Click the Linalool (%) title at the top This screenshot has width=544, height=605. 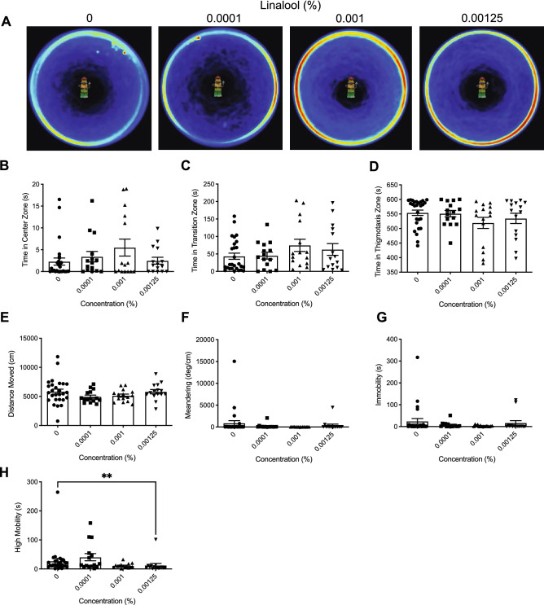pyautogui.click(x=291, y=6)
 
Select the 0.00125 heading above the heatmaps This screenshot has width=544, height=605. pyautogui.click(x=482, y=18)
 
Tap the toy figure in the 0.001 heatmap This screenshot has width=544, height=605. pyautogui.click(x=351, y=88)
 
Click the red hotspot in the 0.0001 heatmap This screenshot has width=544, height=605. pyautogui.click(x=199, y=38)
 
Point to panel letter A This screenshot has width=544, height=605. pyautogui.click(x=7, y=22)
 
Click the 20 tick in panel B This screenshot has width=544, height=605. pyautogui.click(x=36, y=185)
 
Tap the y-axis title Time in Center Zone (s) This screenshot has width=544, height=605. pyautogui.click(x=25, y=229)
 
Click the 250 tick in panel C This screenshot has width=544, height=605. pyautogui.click(x=209, y=185)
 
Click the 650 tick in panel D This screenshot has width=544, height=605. pyautogui.click(x=393, y=185)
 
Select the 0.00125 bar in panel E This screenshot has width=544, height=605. pyautogui.click(x=156, y=409)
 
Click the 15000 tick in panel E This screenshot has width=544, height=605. pyautogui.click(x=29, y=339)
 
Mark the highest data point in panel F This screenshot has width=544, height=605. pyautogui.click(x=234, y=362)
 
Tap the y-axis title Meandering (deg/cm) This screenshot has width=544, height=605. pyautogui.click(x=188, y=385)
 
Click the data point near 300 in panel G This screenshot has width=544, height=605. pyautogui.click(x=417, y=357)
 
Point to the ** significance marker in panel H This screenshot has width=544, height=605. pyautogui.click(x=107, y=477)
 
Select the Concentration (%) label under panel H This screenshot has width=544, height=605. pyautogui.click(x=107, y=601)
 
